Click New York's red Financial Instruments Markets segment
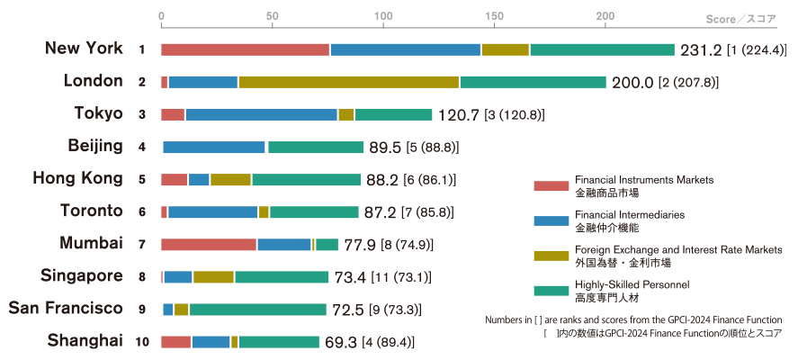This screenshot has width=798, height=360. [245, 49]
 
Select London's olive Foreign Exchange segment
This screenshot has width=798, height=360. [349, 82]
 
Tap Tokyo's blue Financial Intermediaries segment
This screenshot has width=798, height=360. [262, 114]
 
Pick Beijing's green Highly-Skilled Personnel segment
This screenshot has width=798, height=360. [316, 147]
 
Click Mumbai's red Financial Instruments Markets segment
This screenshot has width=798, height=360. [209, 244]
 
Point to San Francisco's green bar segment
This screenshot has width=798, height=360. [257, 310]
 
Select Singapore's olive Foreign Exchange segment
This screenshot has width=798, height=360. [213, 277]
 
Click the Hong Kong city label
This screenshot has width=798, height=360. [77, 178]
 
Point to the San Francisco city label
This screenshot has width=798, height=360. [65, 308]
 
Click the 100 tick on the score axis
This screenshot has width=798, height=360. [383, 15]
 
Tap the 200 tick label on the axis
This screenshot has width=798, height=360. [605, 15]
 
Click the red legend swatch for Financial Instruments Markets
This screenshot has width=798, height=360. [551, 186]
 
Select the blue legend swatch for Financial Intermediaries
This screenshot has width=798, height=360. [551, 221]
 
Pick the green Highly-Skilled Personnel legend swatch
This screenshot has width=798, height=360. [551, 291]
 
